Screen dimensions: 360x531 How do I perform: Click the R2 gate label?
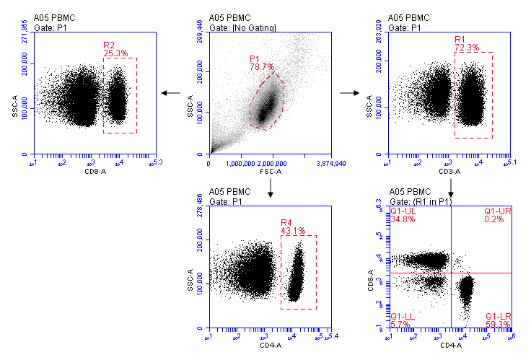109,45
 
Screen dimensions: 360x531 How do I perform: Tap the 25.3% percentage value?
115,53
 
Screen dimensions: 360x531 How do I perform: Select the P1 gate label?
255,58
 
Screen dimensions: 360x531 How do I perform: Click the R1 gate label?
460,39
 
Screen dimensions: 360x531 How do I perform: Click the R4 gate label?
286,222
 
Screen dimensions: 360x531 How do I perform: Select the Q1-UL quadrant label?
402,211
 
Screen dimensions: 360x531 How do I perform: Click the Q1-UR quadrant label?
497,211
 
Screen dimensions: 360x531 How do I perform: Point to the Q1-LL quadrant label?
401,317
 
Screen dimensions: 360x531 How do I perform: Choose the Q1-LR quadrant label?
498,317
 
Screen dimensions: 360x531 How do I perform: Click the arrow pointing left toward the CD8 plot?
172,92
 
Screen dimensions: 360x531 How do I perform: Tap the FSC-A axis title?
270,173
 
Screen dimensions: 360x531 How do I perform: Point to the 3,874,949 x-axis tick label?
330,164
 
